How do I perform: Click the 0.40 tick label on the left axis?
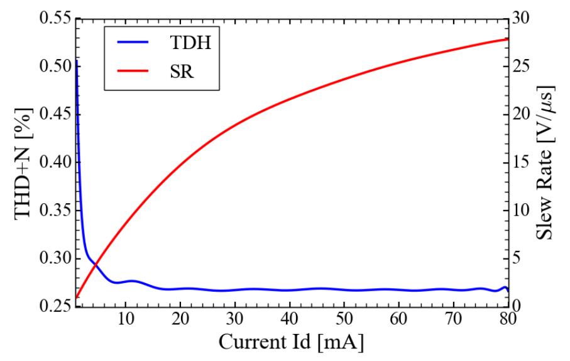52,162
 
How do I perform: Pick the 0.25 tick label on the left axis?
52,307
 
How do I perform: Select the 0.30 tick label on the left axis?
52,258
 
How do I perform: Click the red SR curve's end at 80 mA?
507,39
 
